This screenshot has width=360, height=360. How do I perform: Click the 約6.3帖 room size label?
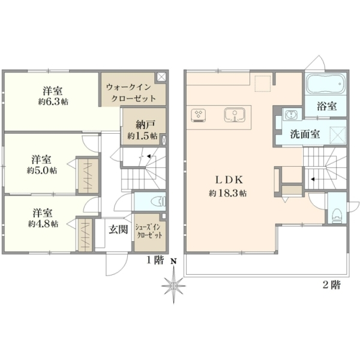pyautogui.click(x=53, y=102)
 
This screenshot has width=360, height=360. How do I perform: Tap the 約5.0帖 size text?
pyautogui.click(x=42, y=170)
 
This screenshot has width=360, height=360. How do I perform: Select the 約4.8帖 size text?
pyautogui.click(x=43, y=223)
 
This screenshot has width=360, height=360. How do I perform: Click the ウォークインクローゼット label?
pyautogui.click(x=131, y=93)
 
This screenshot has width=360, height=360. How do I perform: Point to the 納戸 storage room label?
pyautogui.click(x=142, y=125)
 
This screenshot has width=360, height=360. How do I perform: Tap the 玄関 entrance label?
pyautogui.click(x=118, y=229)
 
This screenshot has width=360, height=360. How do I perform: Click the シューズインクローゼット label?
pyautogui.click(x=149, y=232)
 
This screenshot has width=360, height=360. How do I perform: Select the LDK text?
pyautogui.click(x=229, y=180)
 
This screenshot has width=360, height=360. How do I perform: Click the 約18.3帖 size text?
pyautogui.click(x=227, y=193)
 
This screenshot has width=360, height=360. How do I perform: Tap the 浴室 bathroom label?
pyautogui.click(x=327, y=106)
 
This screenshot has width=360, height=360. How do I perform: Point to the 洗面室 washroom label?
pyautogui.click(x=305, y=134)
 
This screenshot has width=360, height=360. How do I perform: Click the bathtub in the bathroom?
pyautogui.click(x=326, y=83)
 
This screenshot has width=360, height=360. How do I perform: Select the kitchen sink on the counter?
pyautogui.click(x=235, y=115)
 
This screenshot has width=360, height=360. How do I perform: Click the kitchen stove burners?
pyautogui.click(x=198, y=115)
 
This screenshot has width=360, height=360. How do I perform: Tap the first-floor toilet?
pyautogui.click(x=158, y=202)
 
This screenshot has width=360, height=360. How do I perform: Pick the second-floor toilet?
pyautogui.click(x=337, y=216)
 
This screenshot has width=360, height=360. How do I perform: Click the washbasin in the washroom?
pyautogui.click(x=290, y=114)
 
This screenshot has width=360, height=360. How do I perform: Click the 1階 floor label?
pyautogui.click(x=155, y=260)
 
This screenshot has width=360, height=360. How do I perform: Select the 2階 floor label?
pyautogui.click(x=332, y=284)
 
